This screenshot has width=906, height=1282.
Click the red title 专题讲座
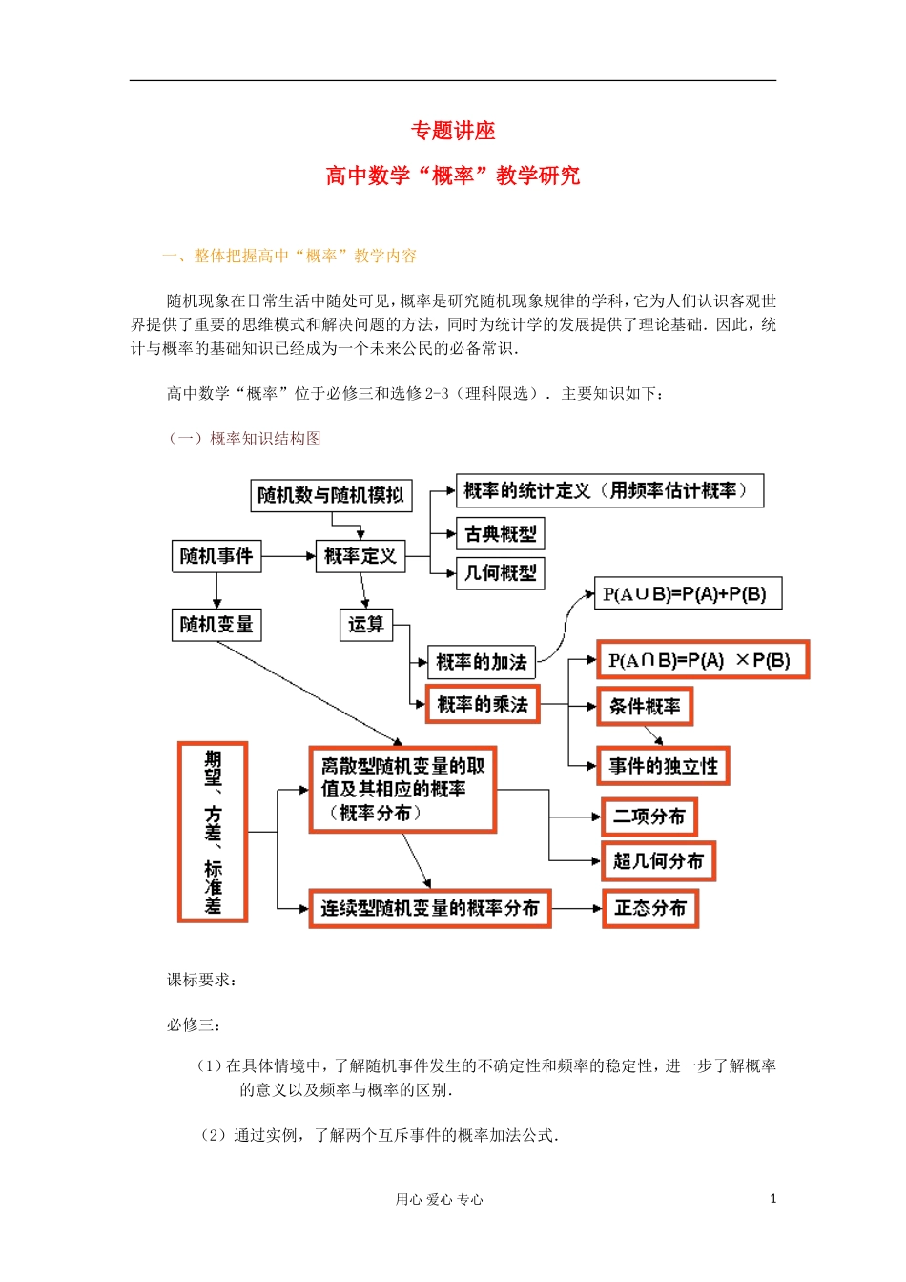coord(453,131)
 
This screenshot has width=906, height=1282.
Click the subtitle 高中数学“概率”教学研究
coord(453,176)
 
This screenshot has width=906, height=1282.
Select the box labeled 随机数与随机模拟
coord(331,495)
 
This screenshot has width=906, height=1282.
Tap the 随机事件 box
coord(216,555)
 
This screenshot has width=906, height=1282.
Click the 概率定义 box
coord(360,555)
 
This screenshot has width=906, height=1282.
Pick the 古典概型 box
coord(500,534)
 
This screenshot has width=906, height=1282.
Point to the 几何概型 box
coord(500,573)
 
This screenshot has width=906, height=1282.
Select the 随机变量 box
coord(216,625)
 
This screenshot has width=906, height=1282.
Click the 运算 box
coord(366,625)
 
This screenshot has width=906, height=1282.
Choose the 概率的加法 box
coord(481,661)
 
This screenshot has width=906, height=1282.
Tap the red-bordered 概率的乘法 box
coord(483,705)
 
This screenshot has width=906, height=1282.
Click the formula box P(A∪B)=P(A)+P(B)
coord(687,594)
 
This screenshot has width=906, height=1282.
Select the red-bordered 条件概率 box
coord(645,707)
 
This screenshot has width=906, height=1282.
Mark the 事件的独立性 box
coord(663,766)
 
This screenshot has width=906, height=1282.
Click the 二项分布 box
coord(649,817)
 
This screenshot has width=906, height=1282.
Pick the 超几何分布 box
coord(657,861)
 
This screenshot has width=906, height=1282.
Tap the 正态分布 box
coord(650,908)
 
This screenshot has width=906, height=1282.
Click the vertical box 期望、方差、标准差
coord(213,833)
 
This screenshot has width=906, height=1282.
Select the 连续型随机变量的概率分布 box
coord(430,908)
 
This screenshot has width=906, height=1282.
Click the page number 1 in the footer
coord(772,1199)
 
